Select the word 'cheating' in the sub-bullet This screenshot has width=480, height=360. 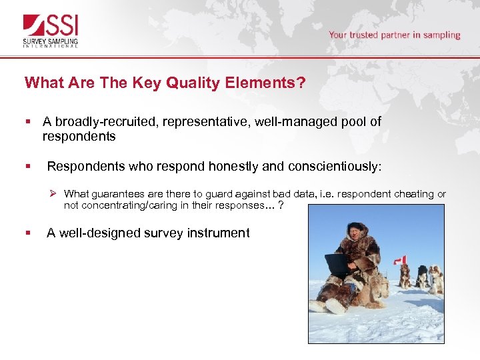[x=413, y=194]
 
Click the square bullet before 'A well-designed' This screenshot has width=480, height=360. [x=28, y=233]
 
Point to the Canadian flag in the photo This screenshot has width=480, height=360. [x=400, y=259]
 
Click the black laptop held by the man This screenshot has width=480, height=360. [x=337, y=265]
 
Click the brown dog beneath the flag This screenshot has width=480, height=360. [x=404, y=276]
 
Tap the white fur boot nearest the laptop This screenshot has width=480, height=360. [x=335, y=305]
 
